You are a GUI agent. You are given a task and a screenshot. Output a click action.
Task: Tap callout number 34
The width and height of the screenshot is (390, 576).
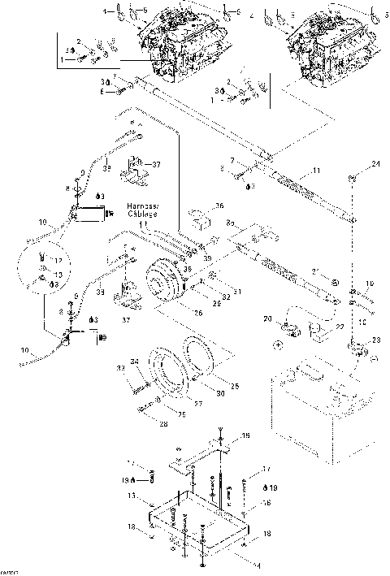pos(136,362)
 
